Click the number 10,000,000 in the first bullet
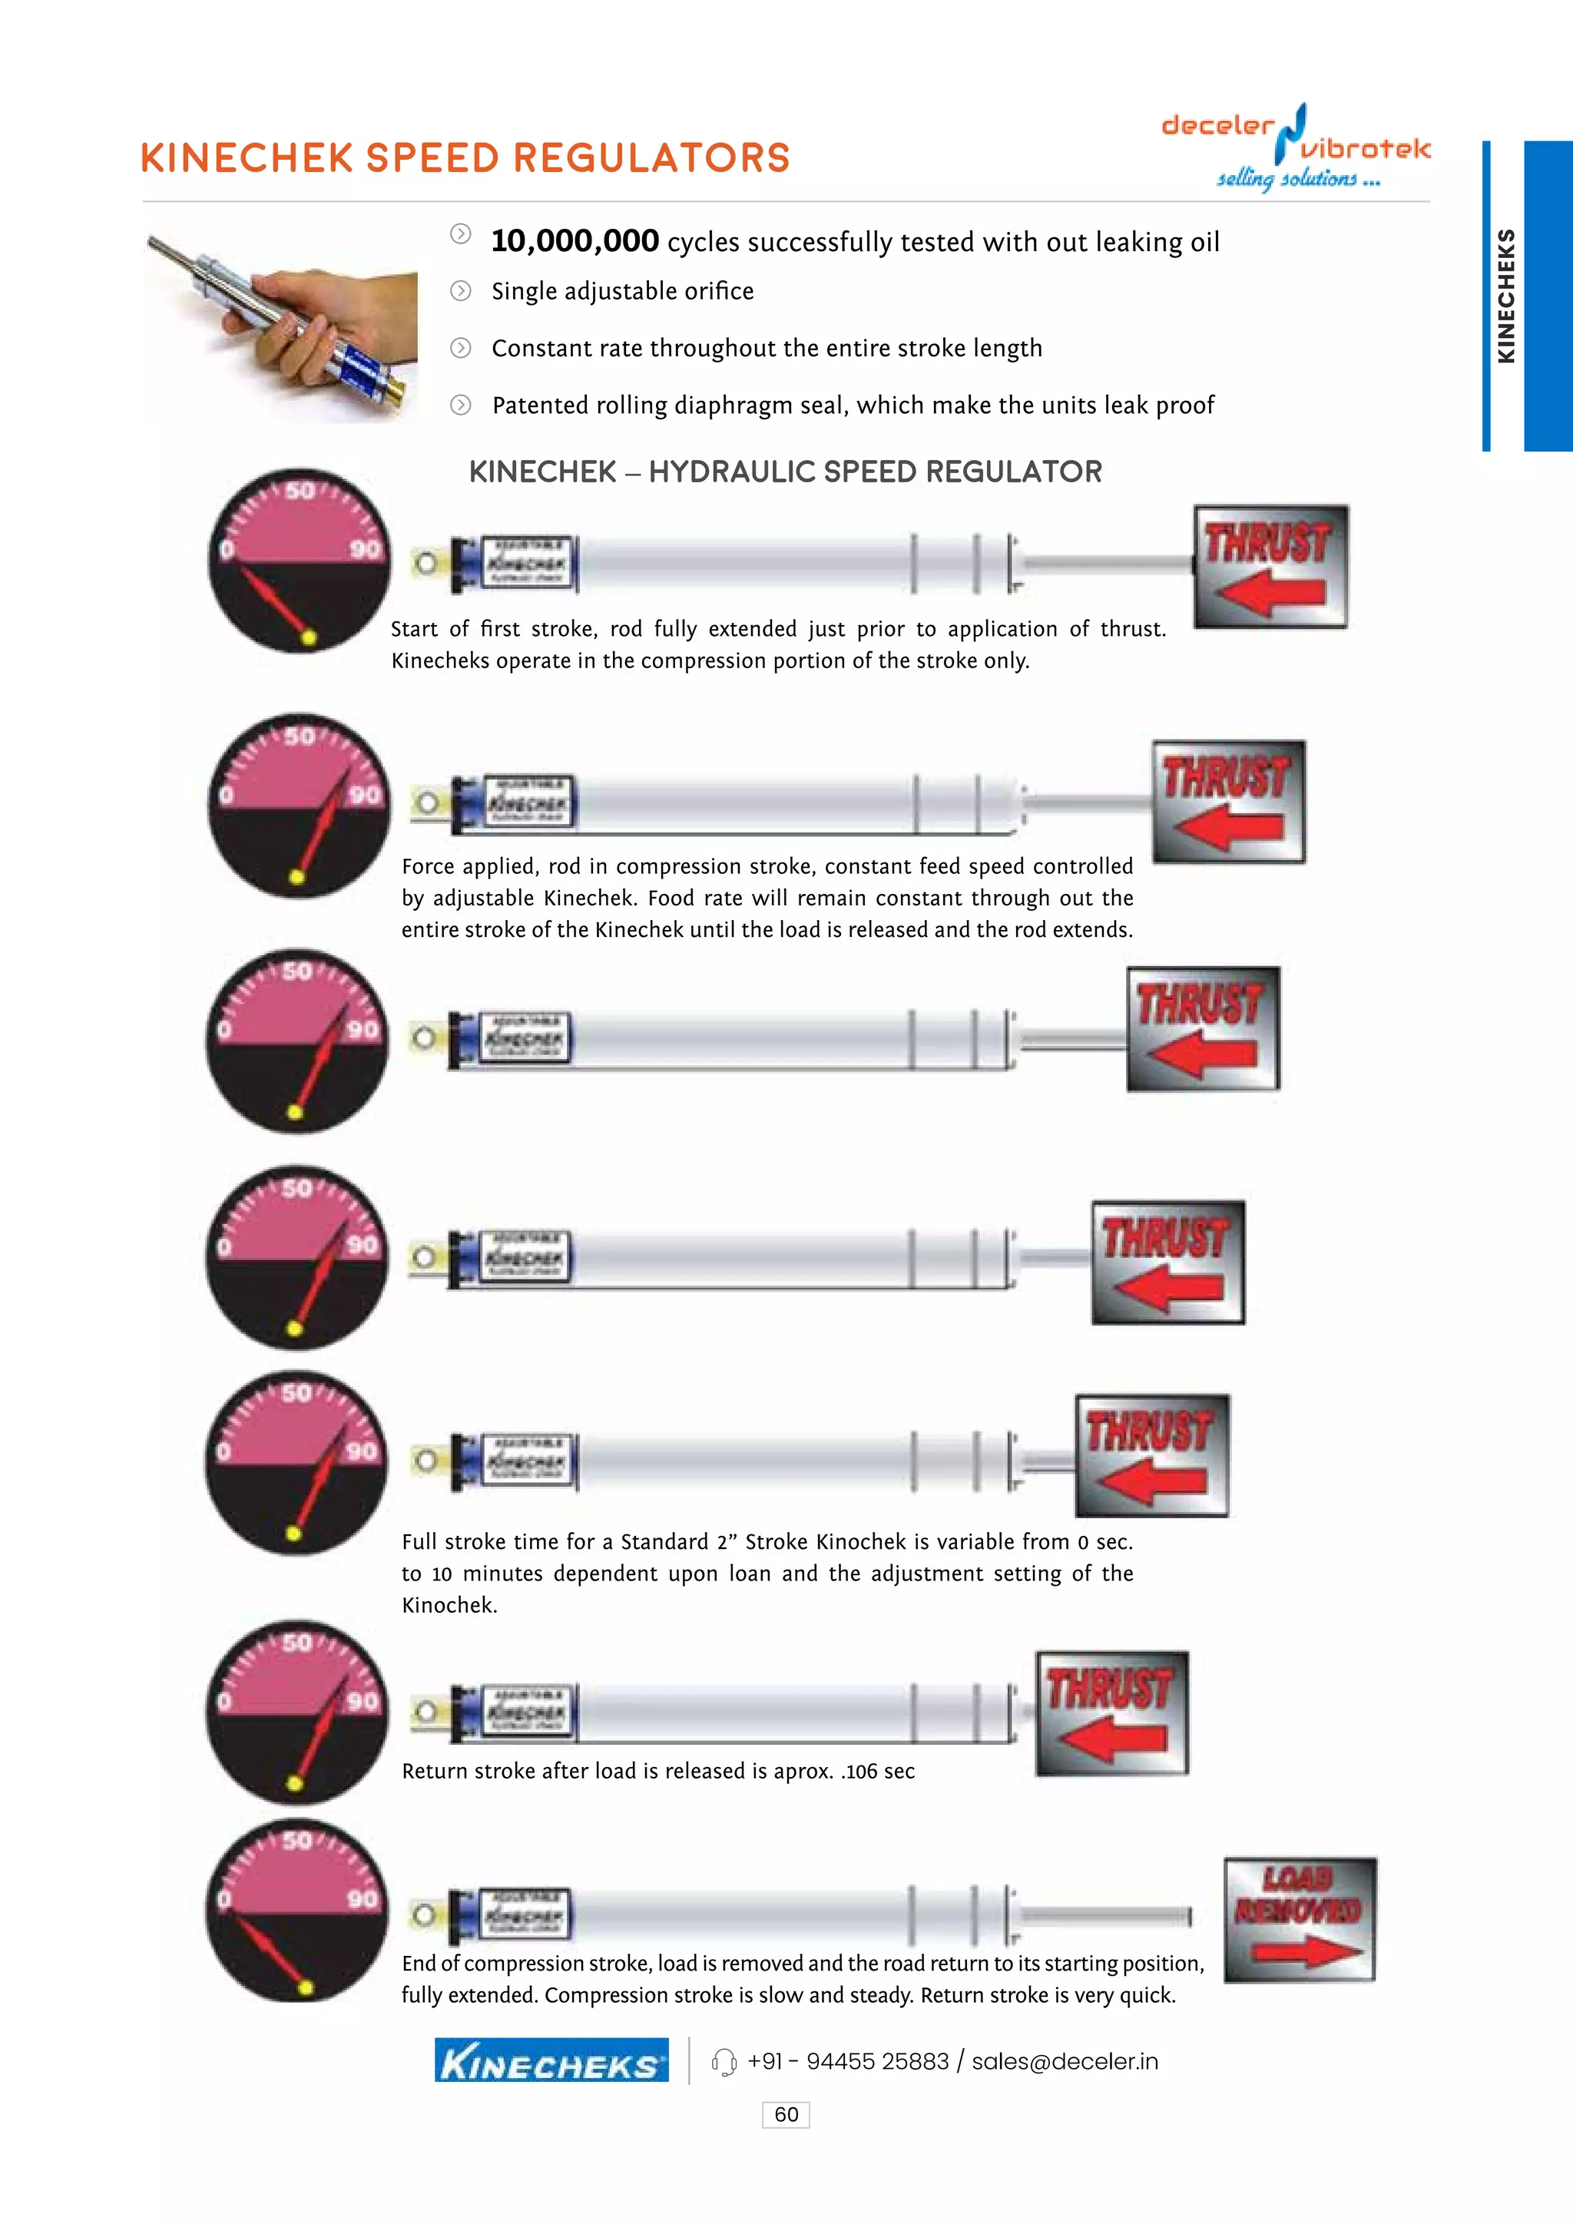[x=575, y=241]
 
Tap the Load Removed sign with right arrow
[x=1300, y=1919]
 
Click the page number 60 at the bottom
[x=786, y=2113]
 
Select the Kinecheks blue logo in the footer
[x=551, y=2060]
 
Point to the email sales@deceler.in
[x=1065, y=2061]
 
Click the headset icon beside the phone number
[x=724, y=2062]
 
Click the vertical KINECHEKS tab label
[x=1505, y=296]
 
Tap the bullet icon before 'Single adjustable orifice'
[x=461, y=290]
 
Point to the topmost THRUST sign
[x=1270, y=566]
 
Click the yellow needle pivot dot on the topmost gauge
[x=309, y=637]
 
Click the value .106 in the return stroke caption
[x=859, y=1771]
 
